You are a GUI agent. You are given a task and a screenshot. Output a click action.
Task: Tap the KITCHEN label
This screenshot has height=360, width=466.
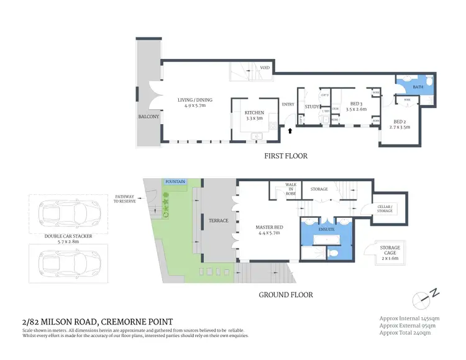pos(254,113)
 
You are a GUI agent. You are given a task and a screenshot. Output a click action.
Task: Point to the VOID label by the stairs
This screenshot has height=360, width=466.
pos(264,68)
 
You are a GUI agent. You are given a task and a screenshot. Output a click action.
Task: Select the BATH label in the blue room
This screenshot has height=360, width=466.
pos(419,88)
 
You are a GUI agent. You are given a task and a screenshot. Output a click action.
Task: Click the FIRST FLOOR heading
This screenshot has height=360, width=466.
pos(286,156)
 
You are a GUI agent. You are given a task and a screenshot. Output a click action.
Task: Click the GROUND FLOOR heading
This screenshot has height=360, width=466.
pos(286,295)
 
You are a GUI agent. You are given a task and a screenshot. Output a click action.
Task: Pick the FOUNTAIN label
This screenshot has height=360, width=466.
pos(175,182)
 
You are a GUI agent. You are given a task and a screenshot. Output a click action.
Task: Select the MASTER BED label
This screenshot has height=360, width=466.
pos(268,227)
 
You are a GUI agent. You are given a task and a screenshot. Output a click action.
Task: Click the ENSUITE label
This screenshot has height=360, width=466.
pos(326,229)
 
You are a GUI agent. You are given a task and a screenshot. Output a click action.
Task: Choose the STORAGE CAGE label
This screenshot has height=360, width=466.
pos(390,250)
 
